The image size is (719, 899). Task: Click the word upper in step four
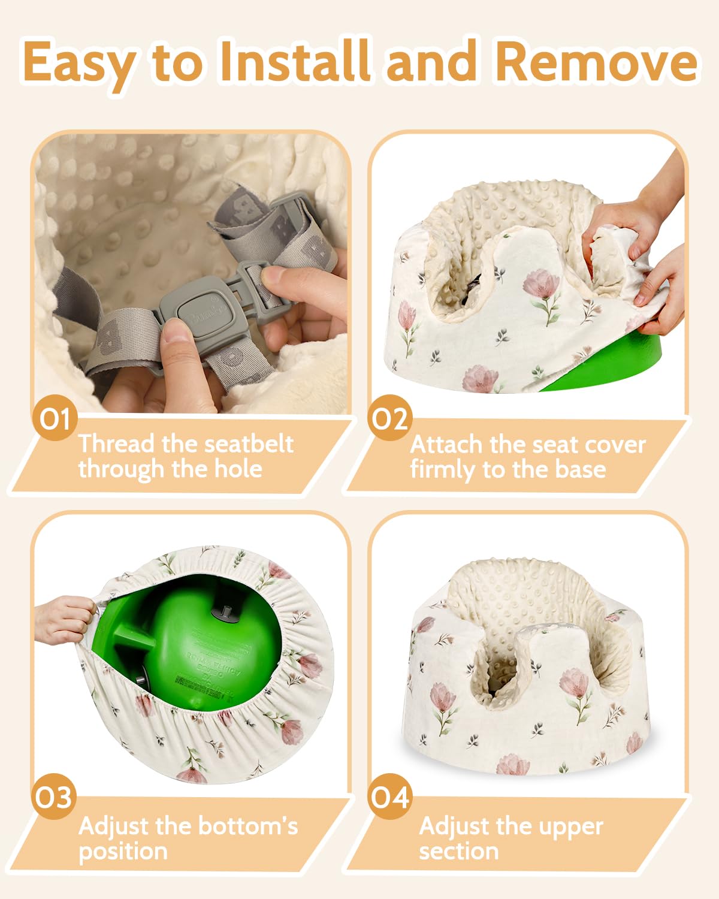point(570,826)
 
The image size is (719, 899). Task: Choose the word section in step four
point(458,851)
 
